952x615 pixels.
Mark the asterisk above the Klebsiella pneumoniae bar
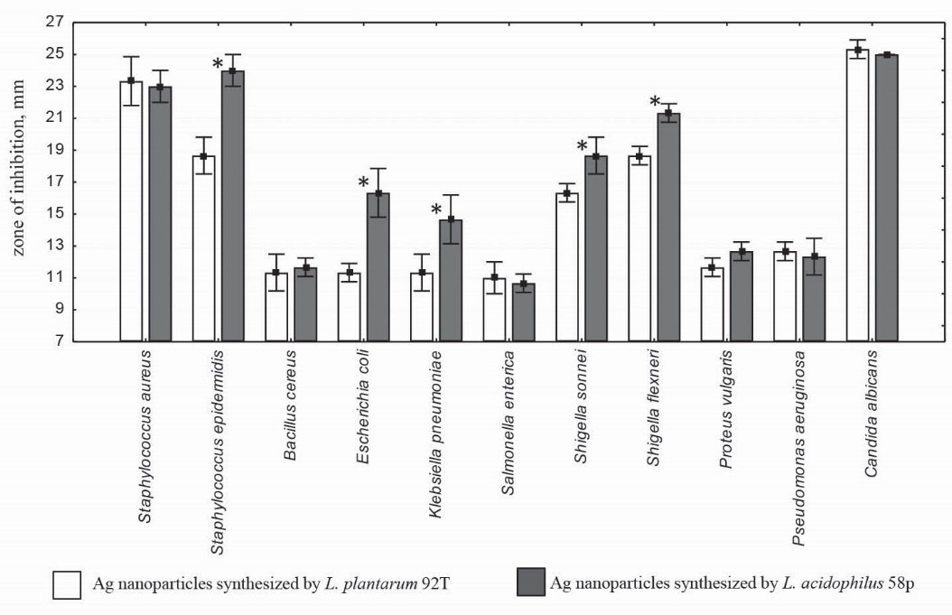(x=436, y=210)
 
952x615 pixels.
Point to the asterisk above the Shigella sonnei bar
(x=582, y=145)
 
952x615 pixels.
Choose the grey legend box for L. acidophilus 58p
(x=529, y=582)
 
